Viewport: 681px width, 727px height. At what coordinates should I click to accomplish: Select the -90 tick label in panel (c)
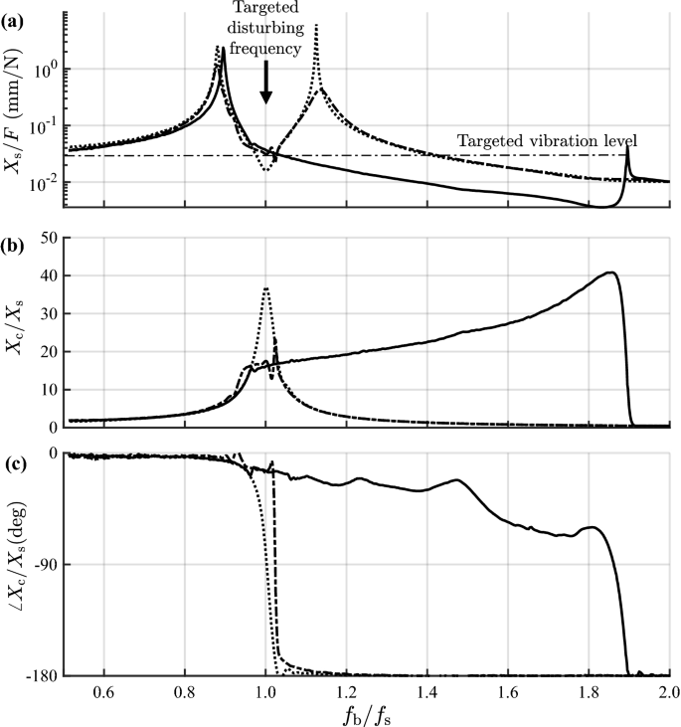point(43,564)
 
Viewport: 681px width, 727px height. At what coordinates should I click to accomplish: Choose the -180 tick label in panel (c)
point(39,676)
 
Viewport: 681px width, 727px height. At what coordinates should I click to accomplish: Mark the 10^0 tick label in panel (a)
point(43,69)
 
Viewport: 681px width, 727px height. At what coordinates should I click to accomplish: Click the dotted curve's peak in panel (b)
point(265,288)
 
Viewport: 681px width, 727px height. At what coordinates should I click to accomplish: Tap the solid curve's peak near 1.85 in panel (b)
point(612,273)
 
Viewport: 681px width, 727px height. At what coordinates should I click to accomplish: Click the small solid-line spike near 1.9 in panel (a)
point(626,148)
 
